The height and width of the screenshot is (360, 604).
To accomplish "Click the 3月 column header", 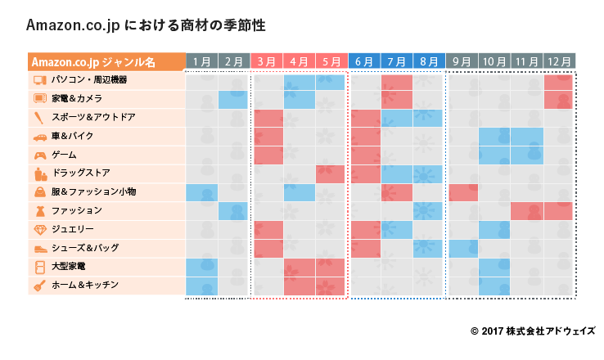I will [266, 61].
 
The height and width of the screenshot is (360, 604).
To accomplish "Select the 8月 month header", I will [429, 61].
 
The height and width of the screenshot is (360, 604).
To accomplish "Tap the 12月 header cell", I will [559, 61].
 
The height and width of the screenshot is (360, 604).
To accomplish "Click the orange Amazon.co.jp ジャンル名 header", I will [106, 61].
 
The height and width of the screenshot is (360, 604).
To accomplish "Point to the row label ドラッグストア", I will [82, 173].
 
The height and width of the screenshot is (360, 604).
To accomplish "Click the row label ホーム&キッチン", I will [85, 285].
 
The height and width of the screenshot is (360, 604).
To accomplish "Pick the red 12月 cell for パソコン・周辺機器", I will [559, 82].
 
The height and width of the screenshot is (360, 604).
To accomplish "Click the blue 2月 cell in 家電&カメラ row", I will [233, 100].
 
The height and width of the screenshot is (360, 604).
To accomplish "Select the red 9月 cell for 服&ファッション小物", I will [462, 192].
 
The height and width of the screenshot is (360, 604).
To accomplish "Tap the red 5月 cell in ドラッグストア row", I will [331, 173].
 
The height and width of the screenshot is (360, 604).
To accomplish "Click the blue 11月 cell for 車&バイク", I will [527, 137].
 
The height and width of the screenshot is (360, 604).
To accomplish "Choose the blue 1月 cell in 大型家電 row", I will [201, 266].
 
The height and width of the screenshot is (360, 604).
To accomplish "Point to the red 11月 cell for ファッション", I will [527, 211].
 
